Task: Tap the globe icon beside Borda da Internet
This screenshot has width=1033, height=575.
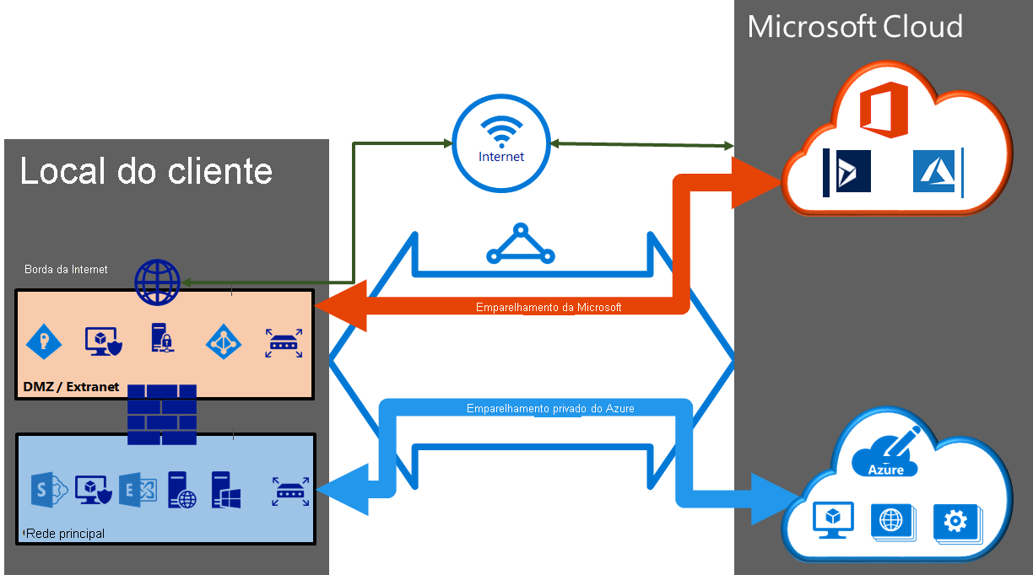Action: point(158,282)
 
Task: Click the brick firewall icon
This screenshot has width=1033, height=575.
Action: point(162,414)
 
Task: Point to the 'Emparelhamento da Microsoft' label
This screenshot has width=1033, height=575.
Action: point(549,308)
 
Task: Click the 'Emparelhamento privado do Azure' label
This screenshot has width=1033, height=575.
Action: point(550,408)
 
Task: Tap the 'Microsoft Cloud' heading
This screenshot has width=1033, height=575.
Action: point(855,27)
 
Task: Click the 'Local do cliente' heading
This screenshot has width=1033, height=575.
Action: point(146,171)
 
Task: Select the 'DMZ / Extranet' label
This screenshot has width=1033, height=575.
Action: point(72,387)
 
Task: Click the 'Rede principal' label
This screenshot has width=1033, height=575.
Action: point(66,534)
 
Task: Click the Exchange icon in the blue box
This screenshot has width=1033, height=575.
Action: point(135,490)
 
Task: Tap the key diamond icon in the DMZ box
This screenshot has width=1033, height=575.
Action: point(44,341)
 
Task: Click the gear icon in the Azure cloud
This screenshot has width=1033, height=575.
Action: point(955,522)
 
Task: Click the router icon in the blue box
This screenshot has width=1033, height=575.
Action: point(289,492)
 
